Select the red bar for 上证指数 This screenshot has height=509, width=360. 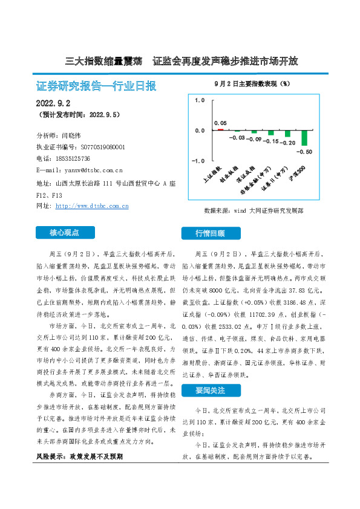[221, 129]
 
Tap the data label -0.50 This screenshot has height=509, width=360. [306, 152]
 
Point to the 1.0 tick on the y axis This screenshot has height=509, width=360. [199, 100]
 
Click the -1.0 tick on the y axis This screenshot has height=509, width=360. [198, 161]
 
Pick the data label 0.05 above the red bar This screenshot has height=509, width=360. [221, 123]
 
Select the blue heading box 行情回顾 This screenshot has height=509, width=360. [210, 233]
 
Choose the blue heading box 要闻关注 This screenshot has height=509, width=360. [210, 391]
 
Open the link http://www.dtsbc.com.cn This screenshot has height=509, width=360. [91, 206]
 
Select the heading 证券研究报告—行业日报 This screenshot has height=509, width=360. [96, 86]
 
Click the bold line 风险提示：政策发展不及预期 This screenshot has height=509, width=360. [79, 456]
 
